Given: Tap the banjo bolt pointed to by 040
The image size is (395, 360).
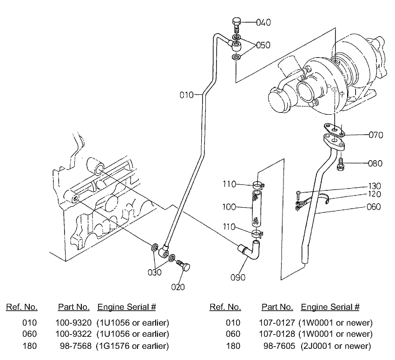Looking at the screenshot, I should tap(236, 24).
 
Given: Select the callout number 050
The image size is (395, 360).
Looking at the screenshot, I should tap(263, 45).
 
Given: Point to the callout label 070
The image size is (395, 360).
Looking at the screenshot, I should tap(375, 136).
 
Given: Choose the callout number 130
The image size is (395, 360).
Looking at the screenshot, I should tap(374, 186).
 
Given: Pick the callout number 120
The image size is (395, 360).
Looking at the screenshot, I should tap(374, 194).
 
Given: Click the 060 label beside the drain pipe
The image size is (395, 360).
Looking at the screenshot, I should tap(373, 207).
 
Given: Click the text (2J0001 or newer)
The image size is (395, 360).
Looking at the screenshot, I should tap(336, 346).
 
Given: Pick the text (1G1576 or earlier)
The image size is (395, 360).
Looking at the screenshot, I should tap(132, 346).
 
